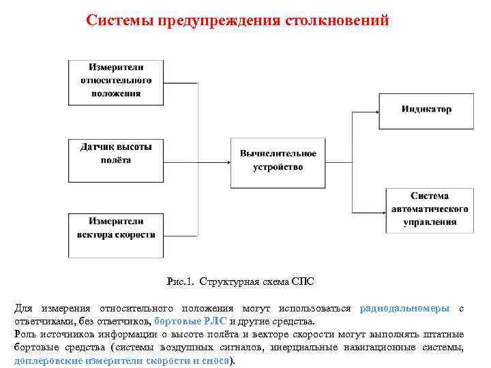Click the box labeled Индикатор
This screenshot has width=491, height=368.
[x=426, y=110]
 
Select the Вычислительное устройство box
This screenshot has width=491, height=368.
[x=278, y=162]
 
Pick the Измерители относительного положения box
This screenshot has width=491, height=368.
[x=115, y=82]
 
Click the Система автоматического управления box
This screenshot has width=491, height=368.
[x=429, y=210]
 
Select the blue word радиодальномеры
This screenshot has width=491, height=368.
[x=404, y=309]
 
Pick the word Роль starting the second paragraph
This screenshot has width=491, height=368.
[x=25, y=334]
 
